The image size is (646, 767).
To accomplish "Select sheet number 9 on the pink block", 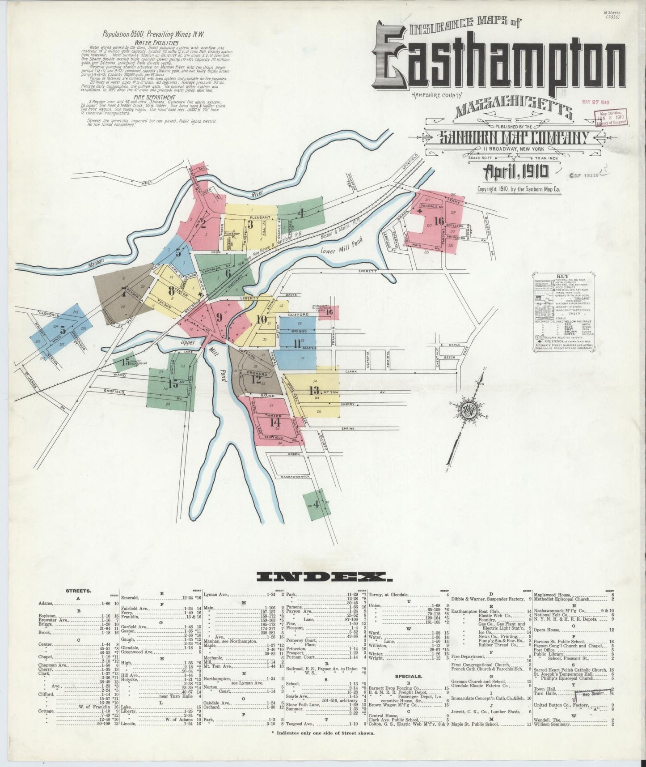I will (219, 317).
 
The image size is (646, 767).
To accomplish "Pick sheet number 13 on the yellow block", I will (314, 390).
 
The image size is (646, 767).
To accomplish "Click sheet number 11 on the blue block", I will (296, 344).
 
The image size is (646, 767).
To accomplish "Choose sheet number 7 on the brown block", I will (124, 292).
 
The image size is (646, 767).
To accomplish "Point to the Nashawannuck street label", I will (296, 477).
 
